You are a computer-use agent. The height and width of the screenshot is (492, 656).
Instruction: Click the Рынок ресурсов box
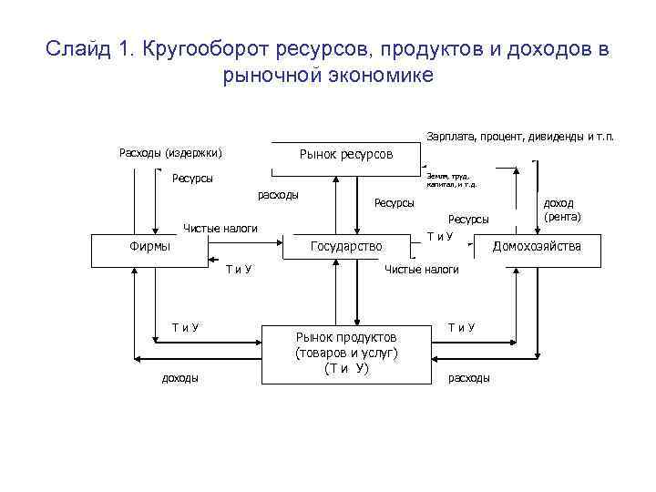(346, 156)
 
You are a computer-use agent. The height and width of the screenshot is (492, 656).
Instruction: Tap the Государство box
(346, 246)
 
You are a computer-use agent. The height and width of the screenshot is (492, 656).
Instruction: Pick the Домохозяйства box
(537, 246)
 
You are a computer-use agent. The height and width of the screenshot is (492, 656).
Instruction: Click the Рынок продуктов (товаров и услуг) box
(346, 353)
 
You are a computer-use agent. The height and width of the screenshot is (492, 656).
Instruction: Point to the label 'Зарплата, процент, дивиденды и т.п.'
(520, 137)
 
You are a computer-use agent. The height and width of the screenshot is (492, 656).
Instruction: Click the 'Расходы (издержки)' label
(171, 151)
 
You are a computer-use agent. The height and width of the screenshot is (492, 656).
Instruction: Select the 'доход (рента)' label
(562, 212)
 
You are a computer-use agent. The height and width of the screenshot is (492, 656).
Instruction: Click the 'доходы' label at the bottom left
(180, 377)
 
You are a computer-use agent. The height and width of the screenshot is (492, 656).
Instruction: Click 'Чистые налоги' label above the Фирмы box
(220, 228)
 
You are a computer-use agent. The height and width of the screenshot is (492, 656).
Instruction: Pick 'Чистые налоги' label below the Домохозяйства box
(422, 270)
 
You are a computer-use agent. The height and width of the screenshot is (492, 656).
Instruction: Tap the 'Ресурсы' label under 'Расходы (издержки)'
(192, 179)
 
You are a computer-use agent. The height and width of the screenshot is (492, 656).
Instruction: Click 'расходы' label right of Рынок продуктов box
(468, 377)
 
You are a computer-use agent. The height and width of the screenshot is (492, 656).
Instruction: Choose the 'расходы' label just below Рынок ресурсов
(279, 195)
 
